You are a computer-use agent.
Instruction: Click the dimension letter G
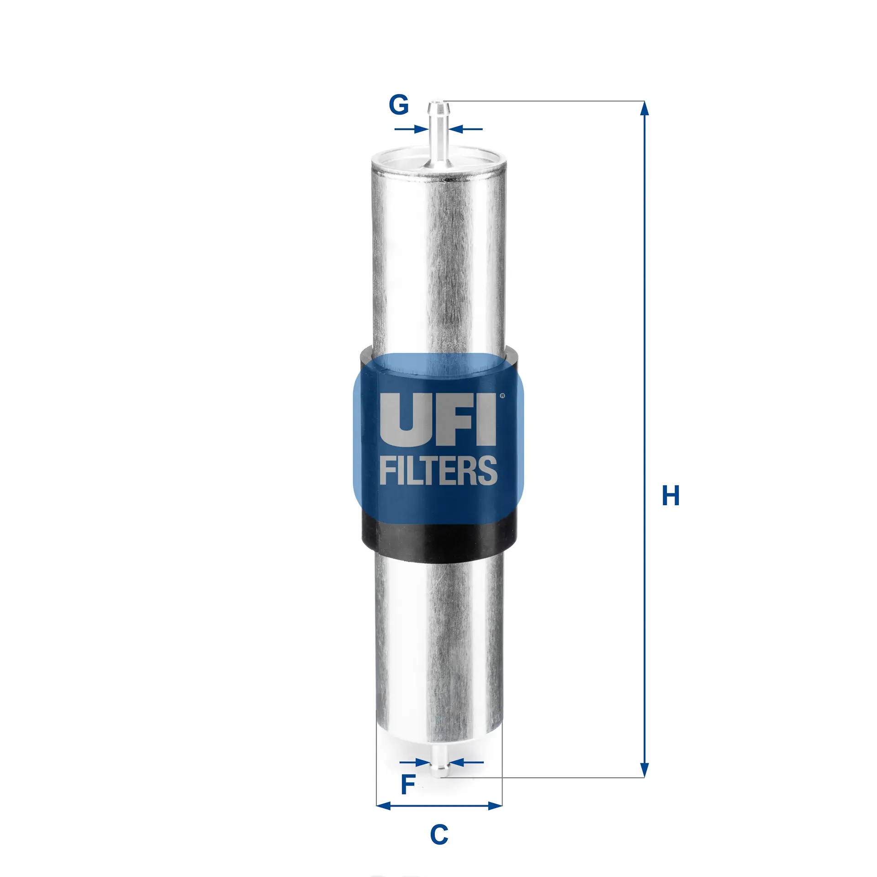pyautogui.click(x=398, y=105)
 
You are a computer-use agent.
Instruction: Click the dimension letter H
pyautogui.click(x=671, y=496)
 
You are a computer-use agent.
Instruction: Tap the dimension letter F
pyautogui.click(x=407, y=785)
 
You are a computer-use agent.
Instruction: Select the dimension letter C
pyautogui.click(x=439, y=835)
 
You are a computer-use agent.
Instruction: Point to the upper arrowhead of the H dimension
pyautogui.click(x=644, y=109)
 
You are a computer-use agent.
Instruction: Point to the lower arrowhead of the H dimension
pyautogui.click(x=644, y=770)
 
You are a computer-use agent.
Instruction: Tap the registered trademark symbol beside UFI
pyautogui.click(x=502, y=396)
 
